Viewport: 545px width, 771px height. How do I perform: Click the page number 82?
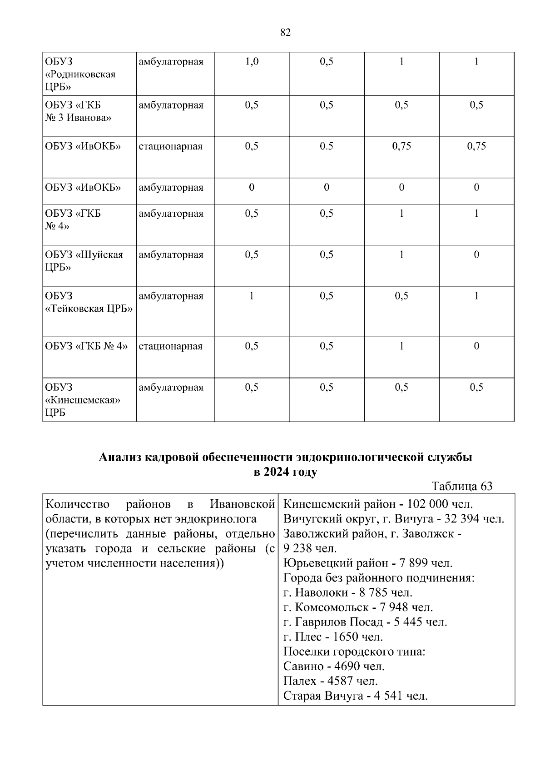285,32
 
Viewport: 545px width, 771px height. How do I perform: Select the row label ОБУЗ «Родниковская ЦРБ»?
80,74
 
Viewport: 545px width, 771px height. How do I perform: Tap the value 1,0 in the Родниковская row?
252,62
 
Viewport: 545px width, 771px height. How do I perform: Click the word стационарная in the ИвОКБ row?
170,146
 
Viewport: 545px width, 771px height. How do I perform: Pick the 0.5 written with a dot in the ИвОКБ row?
326,146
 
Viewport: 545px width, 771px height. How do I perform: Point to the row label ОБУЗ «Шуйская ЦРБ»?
84,261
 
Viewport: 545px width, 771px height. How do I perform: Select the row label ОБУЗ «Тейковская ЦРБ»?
89,303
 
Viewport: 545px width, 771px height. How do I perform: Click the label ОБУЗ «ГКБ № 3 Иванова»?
78,111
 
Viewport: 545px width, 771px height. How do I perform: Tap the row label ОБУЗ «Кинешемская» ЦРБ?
82,400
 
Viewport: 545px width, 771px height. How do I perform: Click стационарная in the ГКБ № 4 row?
170,346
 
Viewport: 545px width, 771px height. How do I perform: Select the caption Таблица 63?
462,486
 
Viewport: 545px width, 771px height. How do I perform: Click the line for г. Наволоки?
347,592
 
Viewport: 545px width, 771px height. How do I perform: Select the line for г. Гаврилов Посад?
365,622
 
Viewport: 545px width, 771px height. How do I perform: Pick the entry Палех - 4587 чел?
330,681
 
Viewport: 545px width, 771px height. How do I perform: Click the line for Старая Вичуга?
355,696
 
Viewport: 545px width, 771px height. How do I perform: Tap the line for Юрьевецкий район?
368,563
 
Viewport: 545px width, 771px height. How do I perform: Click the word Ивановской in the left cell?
243,504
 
